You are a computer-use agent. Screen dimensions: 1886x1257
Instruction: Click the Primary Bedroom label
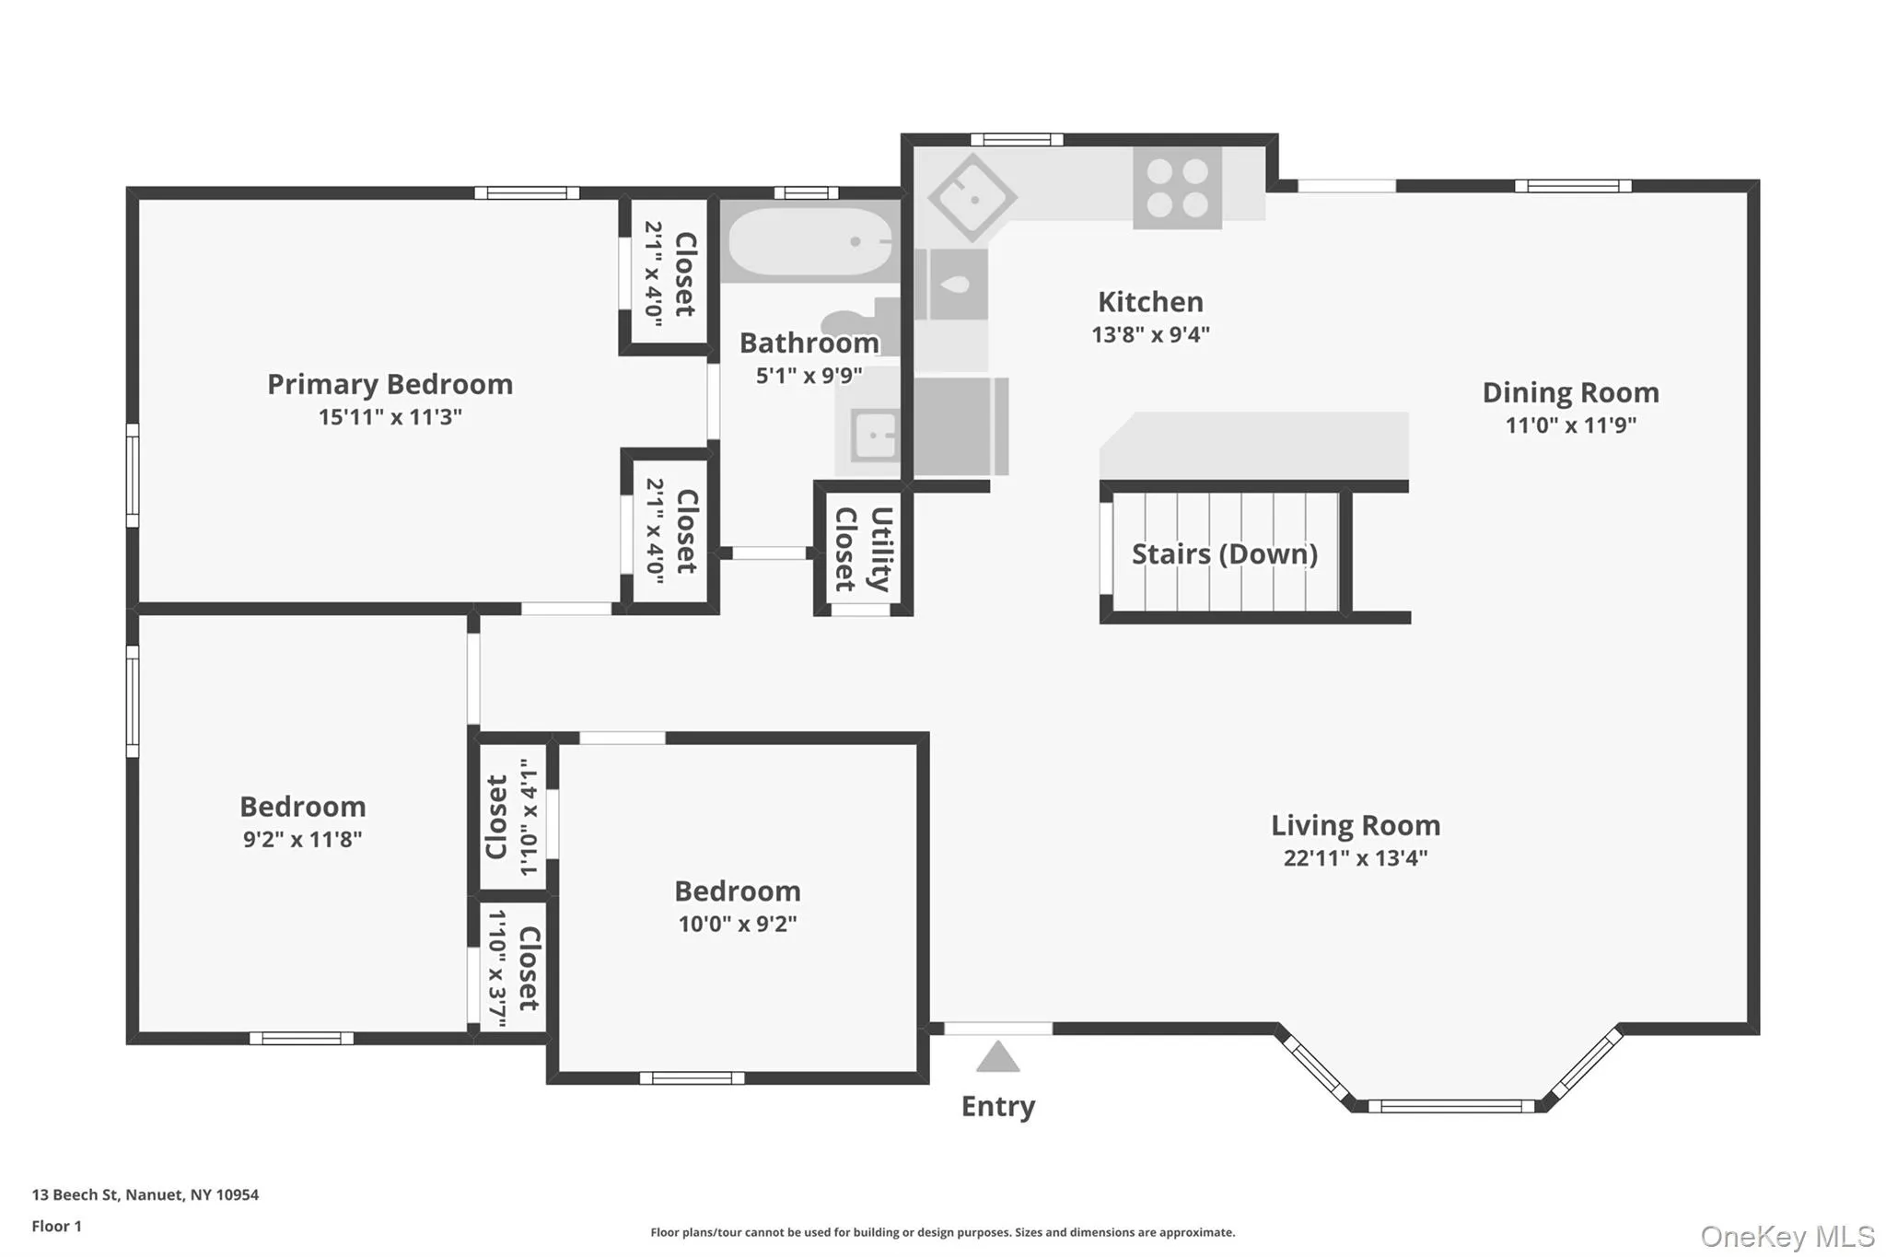[x=390, y=384]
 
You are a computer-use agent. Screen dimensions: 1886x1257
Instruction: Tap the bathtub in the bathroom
[x=809, y=242]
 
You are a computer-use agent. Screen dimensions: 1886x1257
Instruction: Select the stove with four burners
[x=1177, y=189]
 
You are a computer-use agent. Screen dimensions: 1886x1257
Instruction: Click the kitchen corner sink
[x=972, y=197]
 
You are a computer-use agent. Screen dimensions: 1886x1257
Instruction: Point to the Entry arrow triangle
[x=997, y=1057]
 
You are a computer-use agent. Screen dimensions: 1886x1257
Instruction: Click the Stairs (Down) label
[x=1224, y=553]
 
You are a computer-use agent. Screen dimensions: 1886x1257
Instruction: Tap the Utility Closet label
[x=863, y=549]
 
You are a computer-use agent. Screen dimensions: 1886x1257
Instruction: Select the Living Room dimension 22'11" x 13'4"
[x=1356, y=858]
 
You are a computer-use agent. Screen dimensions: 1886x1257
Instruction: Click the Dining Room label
[x=1570, y=392]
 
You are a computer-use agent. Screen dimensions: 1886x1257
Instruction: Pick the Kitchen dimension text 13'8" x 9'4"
[x=1150, y=334]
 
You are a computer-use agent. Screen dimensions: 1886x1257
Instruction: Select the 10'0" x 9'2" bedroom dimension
[x=738, y=924]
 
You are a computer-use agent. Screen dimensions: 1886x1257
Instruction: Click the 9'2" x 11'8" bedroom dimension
[x=302, y=839]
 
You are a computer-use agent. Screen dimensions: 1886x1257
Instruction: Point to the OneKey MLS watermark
[x=1787, y=1236]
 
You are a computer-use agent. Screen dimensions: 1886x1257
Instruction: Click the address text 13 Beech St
[x=76, y=1194]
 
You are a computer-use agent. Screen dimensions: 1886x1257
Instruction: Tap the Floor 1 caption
[x=56, y=1226]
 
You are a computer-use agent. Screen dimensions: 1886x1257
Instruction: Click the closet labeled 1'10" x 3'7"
[x=512, y=968]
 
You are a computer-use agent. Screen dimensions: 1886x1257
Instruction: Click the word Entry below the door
[x=998, y=1106]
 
